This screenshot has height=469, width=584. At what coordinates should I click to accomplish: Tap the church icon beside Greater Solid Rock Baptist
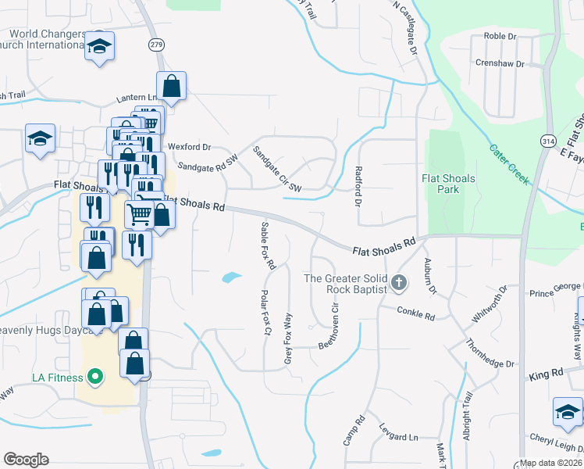(399, 282)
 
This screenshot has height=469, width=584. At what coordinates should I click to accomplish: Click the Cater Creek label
(509, 164)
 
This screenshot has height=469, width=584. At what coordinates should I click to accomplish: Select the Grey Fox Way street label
(288, 338)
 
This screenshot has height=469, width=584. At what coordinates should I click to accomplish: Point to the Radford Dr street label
(358, 187)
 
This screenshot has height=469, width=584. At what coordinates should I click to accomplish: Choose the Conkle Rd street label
(415, 314)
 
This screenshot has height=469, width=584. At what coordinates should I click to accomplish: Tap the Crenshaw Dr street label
(496, 63)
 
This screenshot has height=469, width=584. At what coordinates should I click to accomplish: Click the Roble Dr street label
(500, 36)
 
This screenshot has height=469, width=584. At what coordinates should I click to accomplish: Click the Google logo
(26, 460)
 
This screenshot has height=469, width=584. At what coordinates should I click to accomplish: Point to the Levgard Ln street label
(398, 435)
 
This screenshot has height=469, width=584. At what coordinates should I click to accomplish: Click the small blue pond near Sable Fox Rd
(231, 277)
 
